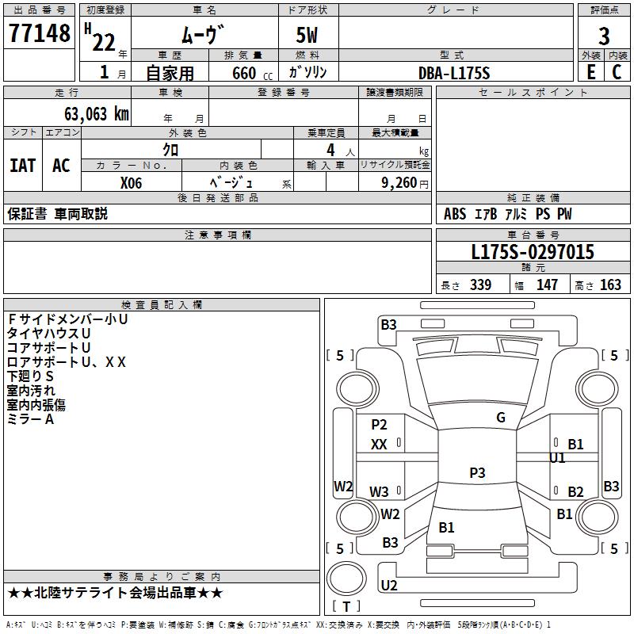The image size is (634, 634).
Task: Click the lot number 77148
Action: click(39, 32)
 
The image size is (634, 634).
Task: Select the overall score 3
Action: click(604, 36)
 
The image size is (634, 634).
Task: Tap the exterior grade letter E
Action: click(591, 72)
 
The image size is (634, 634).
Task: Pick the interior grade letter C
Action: click(617, 72)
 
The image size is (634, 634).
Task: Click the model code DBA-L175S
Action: click(454, 73)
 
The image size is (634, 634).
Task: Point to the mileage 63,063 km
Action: click(97, 113)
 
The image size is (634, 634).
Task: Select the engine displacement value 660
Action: click(244, 73)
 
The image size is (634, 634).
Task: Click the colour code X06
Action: click(131, 183)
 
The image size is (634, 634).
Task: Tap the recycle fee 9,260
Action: click(399, 183)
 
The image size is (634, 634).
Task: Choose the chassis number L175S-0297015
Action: click(533, 252)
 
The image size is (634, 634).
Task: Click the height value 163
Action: click(610, 285)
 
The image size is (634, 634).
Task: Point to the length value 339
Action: click(481, 285)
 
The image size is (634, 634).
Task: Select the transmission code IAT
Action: click(23, 166)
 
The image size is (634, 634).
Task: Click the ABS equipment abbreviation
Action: click(455, 214)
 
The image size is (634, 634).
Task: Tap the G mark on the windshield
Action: click(501, 418)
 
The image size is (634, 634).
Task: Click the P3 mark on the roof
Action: click(477, 472)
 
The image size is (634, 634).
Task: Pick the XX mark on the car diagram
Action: click(379, 445)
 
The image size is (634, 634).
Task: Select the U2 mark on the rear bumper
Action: click(389, 585)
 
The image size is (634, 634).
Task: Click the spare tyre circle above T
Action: click(346, 579)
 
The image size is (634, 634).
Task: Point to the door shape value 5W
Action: click(307, 35)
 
